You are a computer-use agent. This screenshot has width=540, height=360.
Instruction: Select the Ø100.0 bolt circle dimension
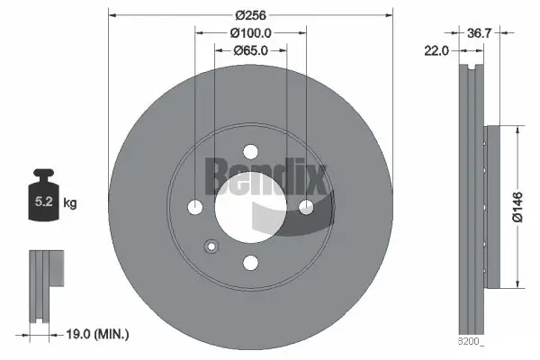pyautogui.click(x=250, y=32)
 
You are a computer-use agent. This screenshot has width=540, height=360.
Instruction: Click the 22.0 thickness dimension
pyautogui.click(x=436, y=51)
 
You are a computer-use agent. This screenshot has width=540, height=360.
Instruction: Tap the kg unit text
pyautogui.click(x=70, y=203)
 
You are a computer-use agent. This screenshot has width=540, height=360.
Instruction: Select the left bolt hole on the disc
pyautogui.click(x=195, y=208)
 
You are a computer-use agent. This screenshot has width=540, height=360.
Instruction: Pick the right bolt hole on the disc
pyautogui.click(x=306, y=208)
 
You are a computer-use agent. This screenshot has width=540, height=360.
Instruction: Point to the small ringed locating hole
pyautogui.click(x=211, y=246)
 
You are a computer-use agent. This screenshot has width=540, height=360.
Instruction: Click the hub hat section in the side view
pyautogui.click(x=490, y=207)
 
